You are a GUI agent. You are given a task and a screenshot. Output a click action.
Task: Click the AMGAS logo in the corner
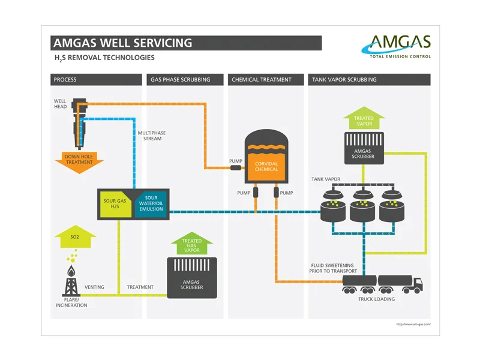(x=396, y=46)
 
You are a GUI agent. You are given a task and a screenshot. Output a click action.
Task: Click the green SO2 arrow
(x=76, y=236)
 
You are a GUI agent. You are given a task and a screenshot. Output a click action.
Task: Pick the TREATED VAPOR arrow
(x=364, y=118)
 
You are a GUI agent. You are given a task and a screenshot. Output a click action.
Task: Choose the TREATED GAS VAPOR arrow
(x=192, y=244)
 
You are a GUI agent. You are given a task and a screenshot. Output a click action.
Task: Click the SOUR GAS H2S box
(x=115, y=204)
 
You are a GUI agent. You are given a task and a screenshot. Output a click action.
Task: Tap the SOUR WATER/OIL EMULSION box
(x=151, y=204)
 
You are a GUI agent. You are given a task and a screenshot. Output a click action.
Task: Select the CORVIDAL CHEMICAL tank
(x=266, y=157)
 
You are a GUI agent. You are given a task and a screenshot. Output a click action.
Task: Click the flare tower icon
(x=71, y=281)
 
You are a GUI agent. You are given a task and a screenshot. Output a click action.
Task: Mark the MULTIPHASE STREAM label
(x=152, y=136)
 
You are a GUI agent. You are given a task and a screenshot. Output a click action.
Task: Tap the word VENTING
(x=94, y=287)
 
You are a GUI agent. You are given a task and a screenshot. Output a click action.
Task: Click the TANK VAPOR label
(x=326, y=179)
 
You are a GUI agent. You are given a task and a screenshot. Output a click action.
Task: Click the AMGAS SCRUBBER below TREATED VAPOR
(x=364, y=148)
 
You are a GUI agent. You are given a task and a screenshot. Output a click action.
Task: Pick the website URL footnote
(x=413, y=325)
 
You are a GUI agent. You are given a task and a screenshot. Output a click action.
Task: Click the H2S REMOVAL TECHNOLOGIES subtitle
(x=104, y=58)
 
